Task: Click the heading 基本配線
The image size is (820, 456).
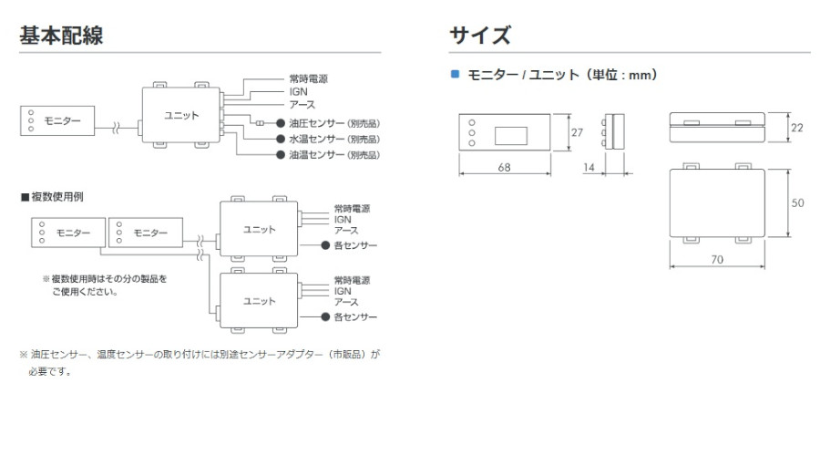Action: pos(60,36)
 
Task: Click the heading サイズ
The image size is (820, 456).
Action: pos(480,36)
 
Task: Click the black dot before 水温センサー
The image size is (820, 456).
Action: pos(282,140)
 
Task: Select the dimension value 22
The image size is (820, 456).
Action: pos(797,128)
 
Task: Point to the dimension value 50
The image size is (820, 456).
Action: pos(797,203)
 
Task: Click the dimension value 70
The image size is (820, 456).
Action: pos(716,260)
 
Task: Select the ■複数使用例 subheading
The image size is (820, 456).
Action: pos(53,197)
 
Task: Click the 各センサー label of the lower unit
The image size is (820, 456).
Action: pos(355,316)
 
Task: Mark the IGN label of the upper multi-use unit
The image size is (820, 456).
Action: pos(343,220)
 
